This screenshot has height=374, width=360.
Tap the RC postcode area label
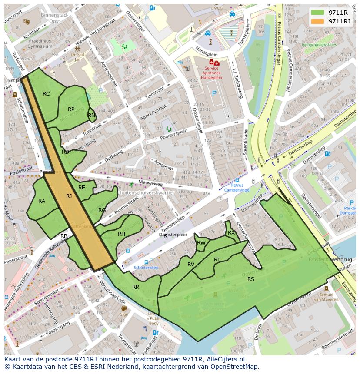(46, 94)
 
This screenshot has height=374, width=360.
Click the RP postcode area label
(71, 109)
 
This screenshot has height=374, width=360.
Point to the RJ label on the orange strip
(69, 196)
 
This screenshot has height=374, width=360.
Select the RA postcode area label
(42, 201)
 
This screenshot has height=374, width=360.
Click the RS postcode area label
(251, 279)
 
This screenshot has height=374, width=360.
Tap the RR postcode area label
(136, 287)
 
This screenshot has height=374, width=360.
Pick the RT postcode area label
(217, 260)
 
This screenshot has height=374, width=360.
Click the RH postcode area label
(121, 234)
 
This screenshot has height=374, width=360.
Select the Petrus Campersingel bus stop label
(237, 185)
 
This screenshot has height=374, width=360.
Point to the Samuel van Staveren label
(327, 297)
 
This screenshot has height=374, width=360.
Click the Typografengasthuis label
(321, 44)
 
